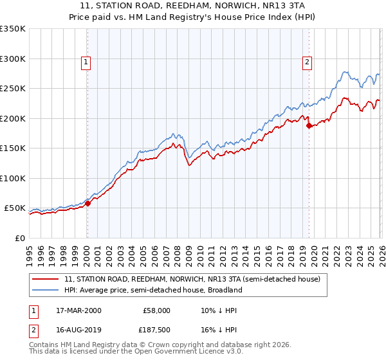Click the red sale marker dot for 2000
tap(88, 204)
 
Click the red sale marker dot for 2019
tap(309, 126)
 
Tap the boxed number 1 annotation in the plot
tap(86, 62)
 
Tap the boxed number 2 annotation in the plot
tap(307, 62)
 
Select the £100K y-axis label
tap(13, 178)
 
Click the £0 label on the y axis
tap(19, 238)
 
